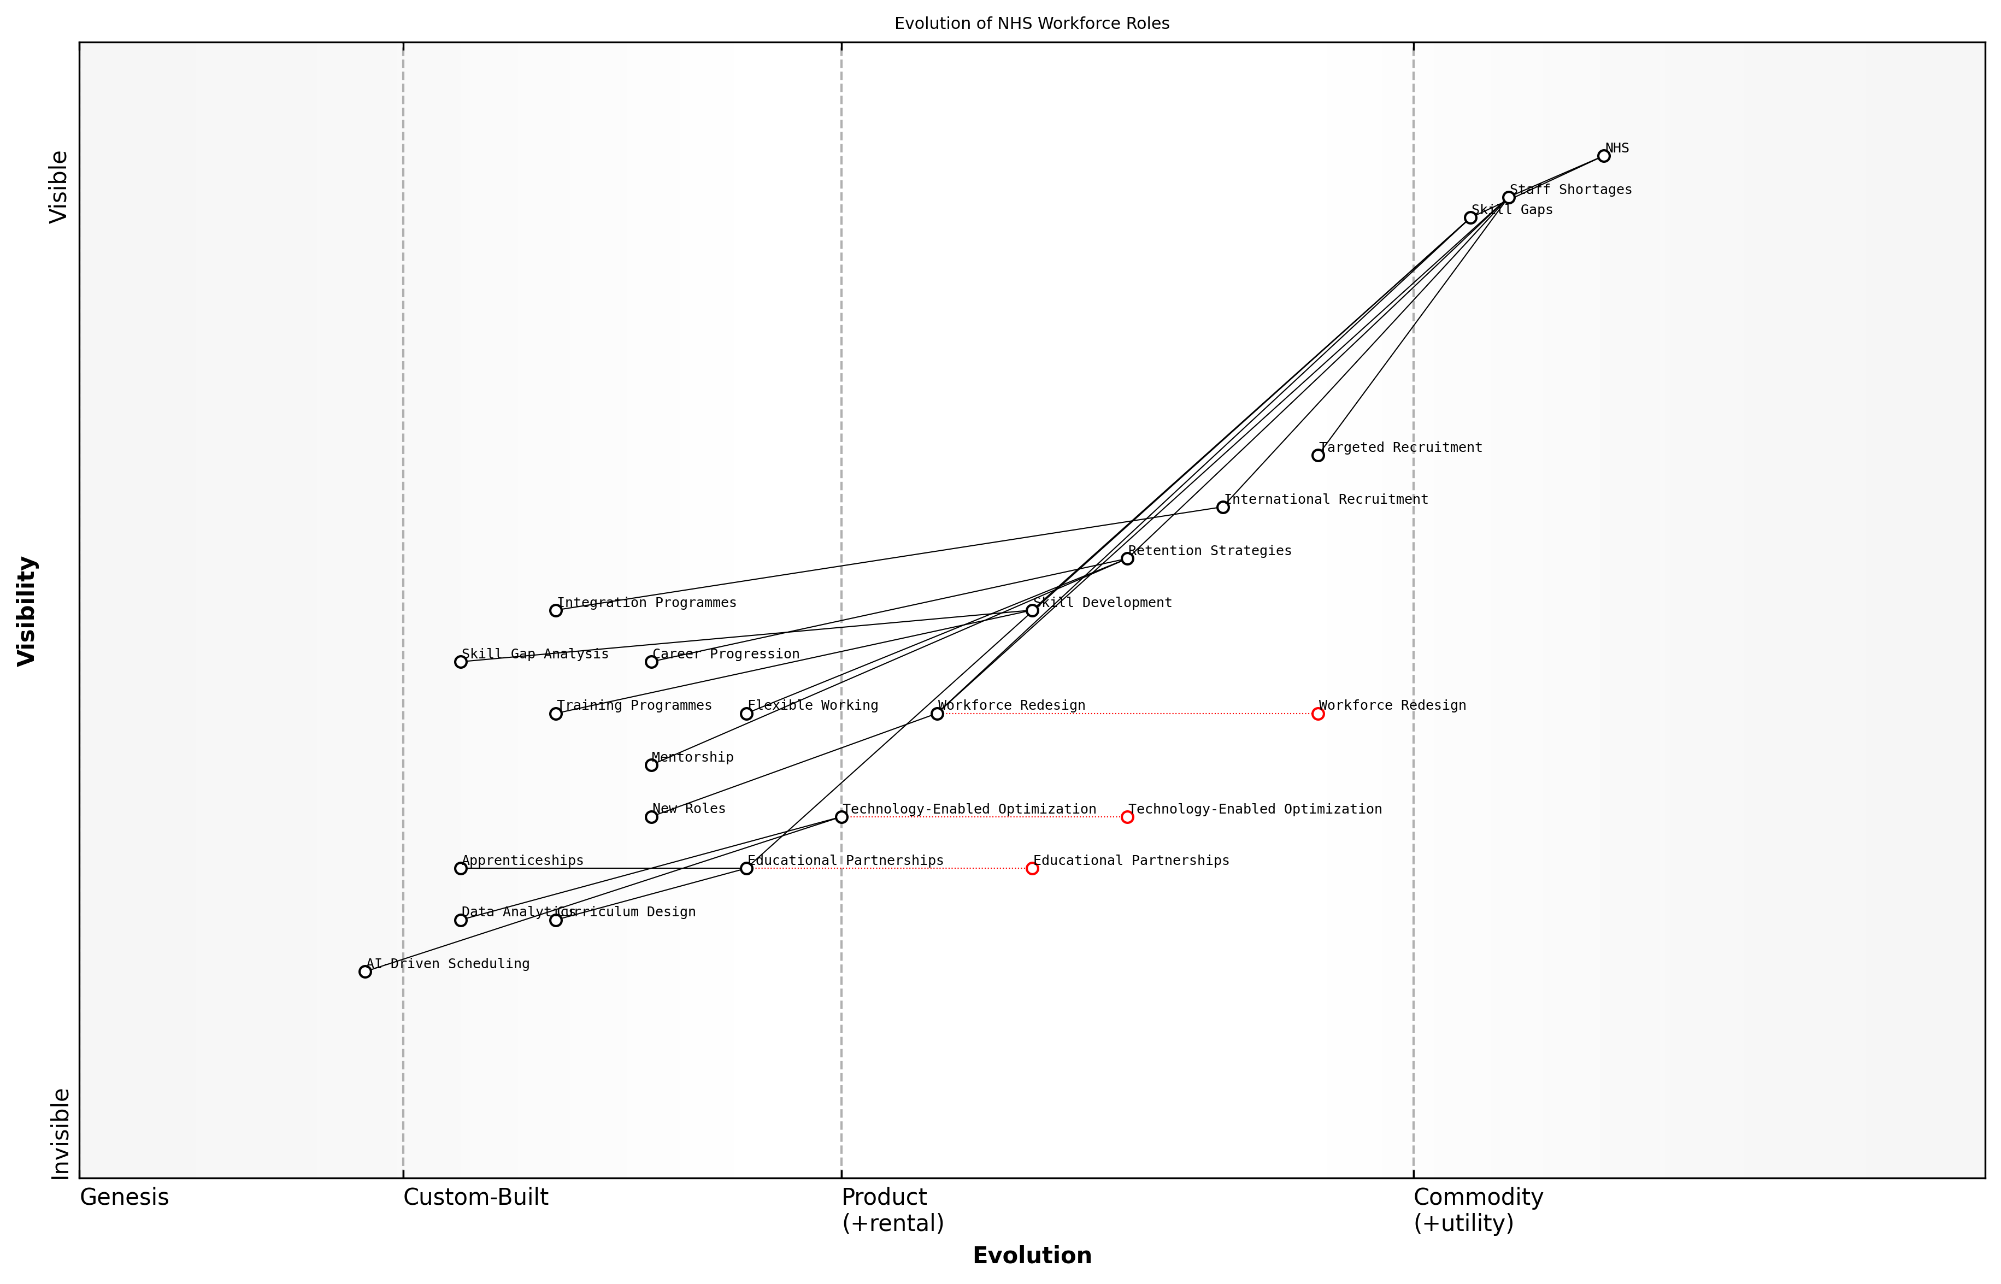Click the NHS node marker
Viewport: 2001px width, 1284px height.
1603,156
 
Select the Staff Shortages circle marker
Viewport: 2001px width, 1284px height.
1508,198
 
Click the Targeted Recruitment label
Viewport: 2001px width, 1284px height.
1400,447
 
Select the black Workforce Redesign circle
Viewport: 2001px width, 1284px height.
937,714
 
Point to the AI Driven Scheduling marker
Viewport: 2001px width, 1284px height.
365,971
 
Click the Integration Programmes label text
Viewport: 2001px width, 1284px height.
646,603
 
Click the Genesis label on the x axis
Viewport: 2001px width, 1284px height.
124,1197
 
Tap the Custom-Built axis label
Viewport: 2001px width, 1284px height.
475,1197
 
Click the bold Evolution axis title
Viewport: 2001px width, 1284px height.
1031,1256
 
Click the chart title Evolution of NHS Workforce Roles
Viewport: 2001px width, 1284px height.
1031,23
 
